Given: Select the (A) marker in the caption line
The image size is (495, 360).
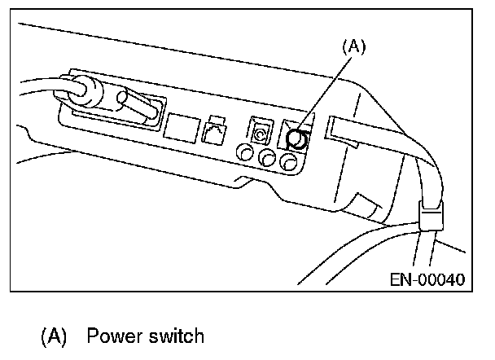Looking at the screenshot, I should point(55,336).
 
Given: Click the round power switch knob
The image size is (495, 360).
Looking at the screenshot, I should point(299,140).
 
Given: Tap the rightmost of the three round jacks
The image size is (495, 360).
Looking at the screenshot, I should point(287,163).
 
